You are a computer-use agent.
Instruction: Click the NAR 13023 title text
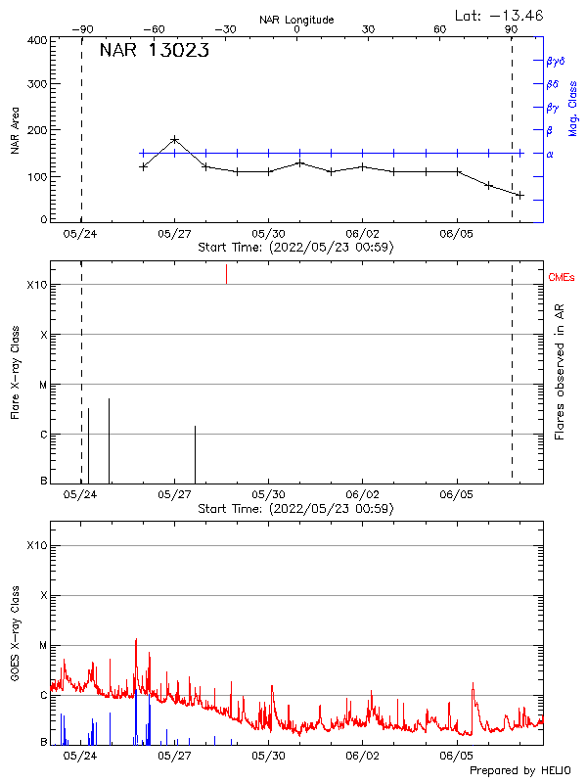pyautogui.click(x=154, y=52)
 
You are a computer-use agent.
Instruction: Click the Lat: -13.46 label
pyautogui.click(x=500, y=15)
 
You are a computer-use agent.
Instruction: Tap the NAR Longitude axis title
pyautogui.click(x=296, y=20)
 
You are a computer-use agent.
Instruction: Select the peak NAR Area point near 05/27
pyautogui.click(x=174, y=140)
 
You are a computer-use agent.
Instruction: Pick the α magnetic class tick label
pyautogui.click(x=549, y=154)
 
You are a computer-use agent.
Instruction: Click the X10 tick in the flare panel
pyautogui.click(x=35, y=285)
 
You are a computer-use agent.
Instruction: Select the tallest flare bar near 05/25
pyautogui.click(x=109, y=440)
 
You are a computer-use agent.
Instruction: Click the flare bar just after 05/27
pyautogui.click(x=195, y=454)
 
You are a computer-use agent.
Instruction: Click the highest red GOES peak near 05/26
pyautogui.click(x=136, y=641)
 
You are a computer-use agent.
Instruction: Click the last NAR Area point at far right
pyautogui.click(x=519, y=195)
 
